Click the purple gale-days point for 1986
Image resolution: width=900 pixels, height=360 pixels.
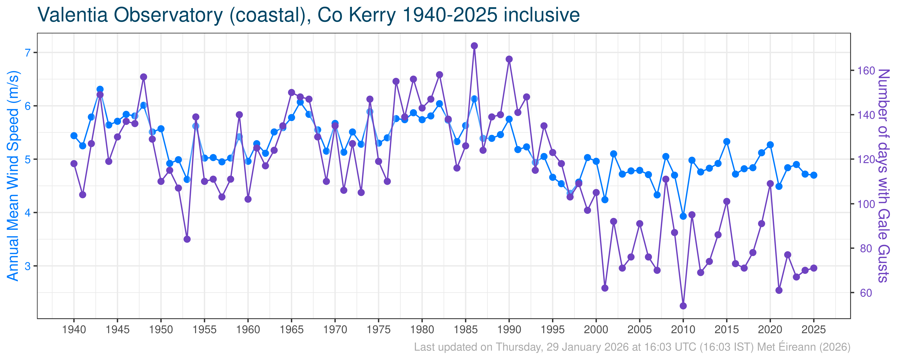pos(474,46)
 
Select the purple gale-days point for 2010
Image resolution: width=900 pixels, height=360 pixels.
pos(683,306)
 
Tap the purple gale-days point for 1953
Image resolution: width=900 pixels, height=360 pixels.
pos(187,239)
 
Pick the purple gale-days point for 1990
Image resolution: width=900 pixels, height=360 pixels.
pos(509,59)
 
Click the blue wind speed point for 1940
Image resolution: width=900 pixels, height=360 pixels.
pos(74,136)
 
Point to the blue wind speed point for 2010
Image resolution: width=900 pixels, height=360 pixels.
pos(683,216)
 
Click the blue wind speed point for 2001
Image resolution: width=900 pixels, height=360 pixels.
pos(605,200)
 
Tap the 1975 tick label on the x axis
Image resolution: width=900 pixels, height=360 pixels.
pos(378,330)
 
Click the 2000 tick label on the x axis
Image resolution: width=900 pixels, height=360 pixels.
pos(596,330)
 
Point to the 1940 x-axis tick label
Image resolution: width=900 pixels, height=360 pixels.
pos(74,330)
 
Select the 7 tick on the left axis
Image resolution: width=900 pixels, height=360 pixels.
pos(28,53)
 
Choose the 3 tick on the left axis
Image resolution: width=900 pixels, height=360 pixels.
pos(28,266)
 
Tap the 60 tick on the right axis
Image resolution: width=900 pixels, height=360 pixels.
pos(866,293)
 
